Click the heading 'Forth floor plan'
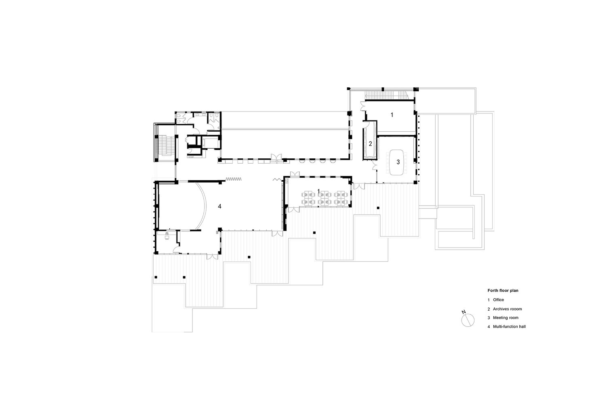503,290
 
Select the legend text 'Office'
498,300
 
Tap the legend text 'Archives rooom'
507,309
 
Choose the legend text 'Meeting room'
506,318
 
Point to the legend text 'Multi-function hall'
509,326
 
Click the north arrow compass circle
468,320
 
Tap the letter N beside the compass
464,312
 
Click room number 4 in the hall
219,206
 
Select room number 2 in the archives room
370,144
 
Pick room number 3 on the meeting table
398,162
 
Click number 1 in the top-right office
392,115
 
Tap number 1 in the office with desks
318,191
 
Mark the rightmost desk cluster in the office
341,198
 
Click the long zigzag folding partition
233,179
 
